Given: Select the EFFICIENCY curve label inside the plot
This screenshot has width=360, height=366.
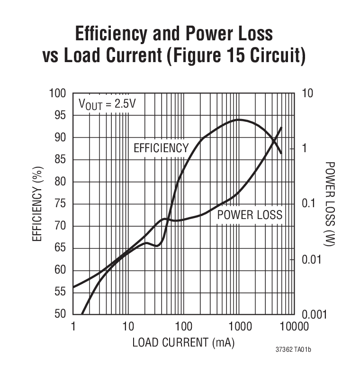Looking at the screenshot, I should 161,148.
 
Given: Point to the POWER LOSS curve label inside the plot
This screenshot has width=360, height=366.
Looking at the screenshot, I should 250,215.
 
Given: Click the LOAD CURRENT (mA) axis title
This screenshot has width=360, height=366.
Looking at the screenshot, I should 183,342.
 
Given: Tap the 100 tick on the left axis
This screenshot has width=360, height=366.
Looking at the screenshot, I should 57,93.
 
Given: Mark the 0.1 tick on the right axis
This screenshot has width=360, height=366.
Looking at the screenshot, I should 308,204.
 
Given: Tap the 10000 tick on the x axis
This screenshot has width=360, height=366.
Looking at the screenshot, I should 294,327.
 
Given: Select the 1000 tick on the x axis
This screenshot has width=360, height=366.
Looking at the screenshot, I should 239,327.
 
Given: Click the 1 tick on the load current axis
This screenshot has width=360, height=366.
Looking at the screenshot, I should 73,327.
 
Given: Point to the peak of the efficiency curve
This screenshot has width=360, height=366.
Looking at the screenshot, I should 239,119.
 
